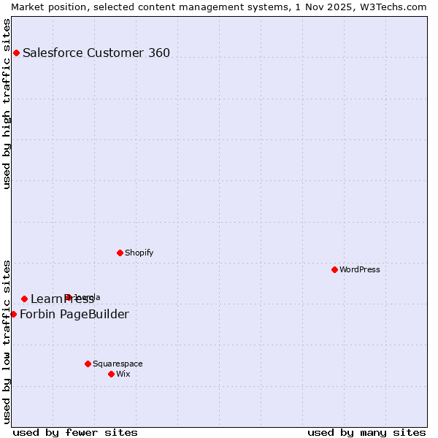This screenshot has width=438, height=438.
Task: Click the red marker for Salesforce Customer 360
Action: [x=16, y=53]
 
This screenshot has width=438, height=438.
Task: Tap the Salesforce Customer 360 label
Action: [x=96, y=53]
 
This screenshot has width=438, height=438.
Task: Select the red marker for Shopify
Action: [x=120, y=253]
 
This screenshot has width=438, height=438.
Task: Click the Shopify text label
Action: [x=139, y=253]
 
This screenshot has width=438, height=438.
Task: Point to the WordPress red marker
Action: [x=334, y=269]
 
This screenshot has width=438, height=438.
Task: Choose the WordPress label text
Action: [x=359, y=269]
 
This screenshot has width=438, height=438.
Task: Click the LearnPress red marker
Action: [x=24, y=299]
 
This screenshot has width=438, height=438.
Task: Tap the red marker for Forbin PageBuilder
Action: [x=13, y=314]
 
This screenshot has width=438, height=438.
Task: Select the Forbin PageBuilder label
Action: [x=74, y=315]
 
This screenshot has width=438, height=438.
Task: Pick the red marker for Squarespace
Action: [x=88, y=364]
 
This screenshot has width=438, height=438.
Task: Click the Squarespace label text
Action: [x=118, y=364]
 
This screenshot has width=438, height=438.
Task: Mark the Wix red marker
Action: [x=111, y=374]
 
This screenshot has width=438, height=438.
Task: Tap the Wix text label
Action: [x=123, y=374]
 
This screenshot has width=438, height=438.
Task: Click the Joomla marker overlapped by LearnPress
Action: [x=68, y=297]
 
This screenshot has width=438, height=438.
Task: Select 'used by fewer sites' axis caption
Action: [x=75, y=432]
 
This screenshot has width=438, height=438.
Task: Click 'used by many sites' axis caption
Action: [x=366, y=432]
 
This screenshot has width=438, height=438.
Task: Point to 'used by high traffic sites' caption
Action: [x=7, y=104]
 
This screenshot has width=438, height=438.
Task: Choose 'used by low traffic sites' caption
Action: [x=7, y=342]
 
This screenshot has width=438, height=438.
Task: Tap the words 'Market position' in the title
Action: [x=44, y=7]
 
